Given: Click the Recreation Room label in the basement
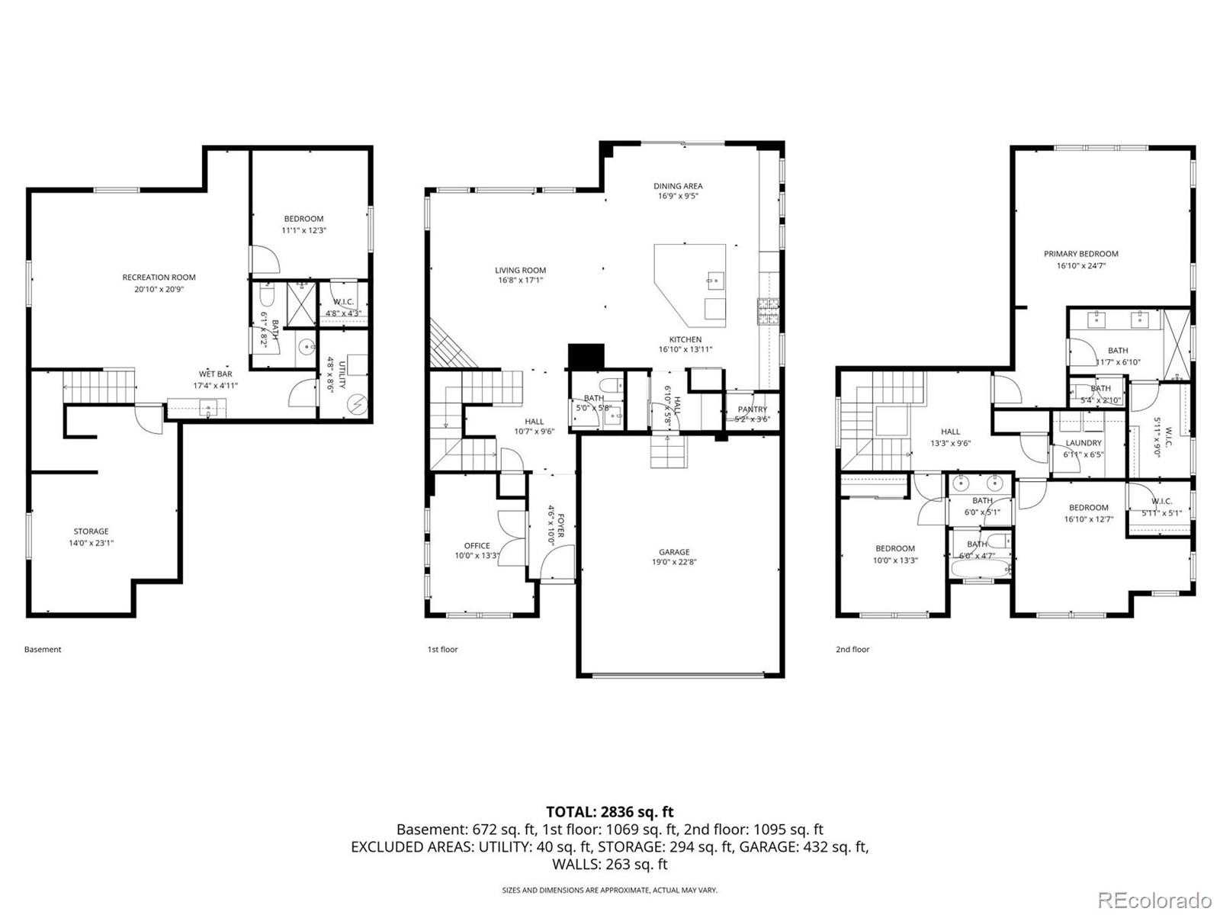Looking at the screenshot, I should click(x=159, y=278).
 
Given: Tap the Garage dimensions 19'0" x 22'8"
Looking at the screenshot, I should click(x=674, y=563).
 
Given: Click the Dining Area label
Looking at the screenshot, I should click(x=678, y=186).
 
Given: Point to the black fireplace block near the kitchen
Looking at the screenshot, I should click(x=586, y=356).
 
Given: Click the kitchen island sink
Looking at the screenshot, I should click(x=714, y=281).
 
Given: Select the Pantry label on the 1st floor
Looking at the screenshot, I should click(x=752, y=409).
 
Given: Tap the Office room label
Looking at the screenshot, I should click(x=477, y=545).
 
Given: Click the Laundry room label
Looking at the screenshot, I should click(x=1083, y=443).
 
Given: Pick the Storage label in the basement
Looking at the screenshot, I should click(x=91, y=531).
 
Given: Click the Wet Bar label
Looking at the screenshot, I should click(x=215, y=374).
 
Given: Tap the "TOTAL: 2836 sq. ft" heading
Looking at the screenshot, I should click(x=609, y=812).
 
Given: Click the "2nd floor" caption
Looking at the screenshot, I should click(x=852, y=650).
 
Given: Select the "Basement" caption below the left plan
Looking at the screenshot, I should click(x=43, y=650).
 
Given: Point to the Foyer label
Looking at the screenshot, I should click(x=560, y=524).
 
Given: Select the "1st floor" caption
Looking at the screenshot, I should click(x=442, y=650).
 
